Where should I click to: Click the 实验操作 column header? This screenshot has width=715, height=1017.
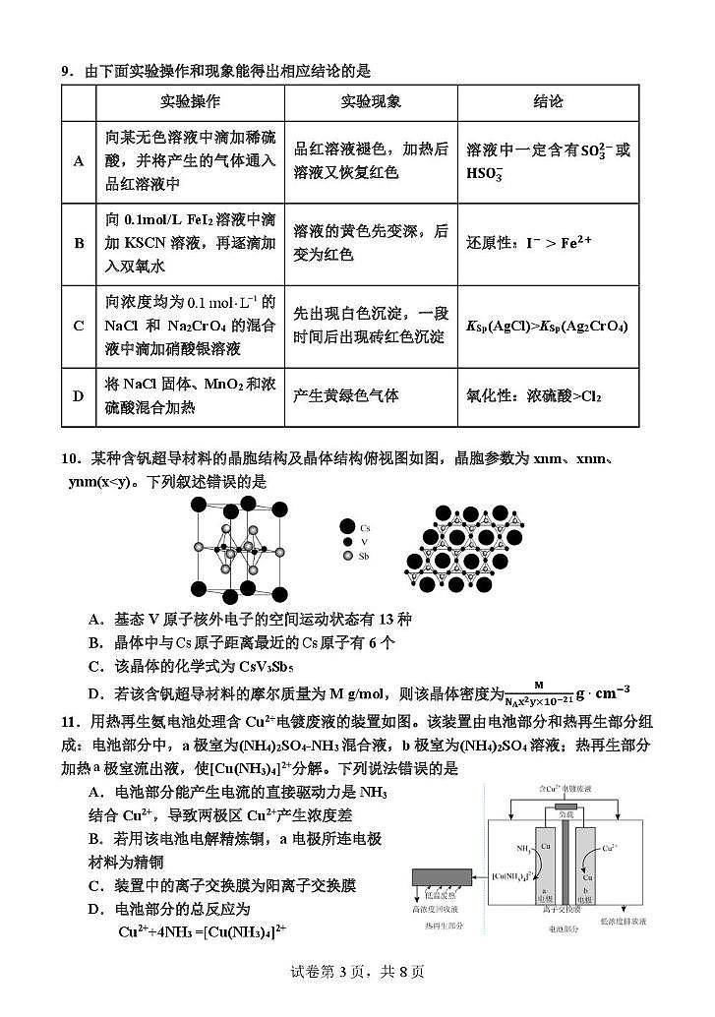(x=190, y=102)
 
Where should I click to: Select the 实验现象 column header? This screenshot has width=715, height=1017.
(x=371, y=102)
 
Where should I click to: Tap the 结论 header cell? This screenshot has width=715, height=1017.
(x=548, y=102)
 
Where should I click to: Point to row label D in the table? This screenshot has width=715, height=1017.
(x=79, y=395)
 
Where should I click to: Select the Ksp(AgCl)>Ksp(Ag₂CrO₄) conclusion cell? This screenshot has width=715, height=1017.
(x=547, y=326)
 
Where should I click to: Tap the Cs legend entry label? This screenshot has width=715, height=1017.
(x=365, y=527)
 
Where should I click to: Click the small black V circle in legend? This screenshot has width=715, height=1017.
(x=347, y=542)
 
